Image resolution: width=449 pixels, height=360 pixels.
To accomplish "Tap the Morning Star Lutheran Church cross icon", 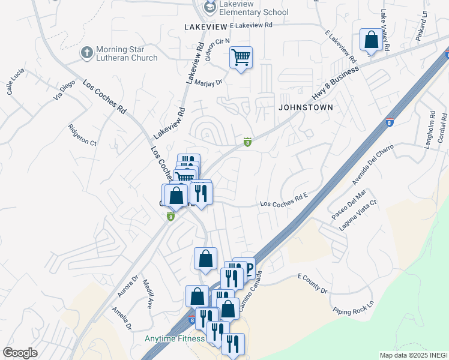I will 86,52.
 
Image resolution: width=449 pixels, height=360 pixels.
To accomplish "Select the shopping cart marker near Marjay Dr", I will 241,58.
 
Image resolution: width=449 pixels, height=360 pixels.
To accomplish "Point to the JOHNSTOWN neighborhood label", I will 305,107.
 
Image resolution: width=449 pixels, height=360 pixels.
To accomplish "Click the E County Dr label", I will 313,284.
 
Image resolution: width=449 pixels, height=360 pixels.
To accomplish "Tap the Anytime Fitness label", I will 174,338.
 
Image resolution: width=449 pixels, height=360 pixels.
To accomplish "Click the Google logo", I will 20,353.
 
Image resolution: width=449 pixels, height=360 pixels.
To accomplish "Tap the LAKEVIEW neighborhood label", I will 206,27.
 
